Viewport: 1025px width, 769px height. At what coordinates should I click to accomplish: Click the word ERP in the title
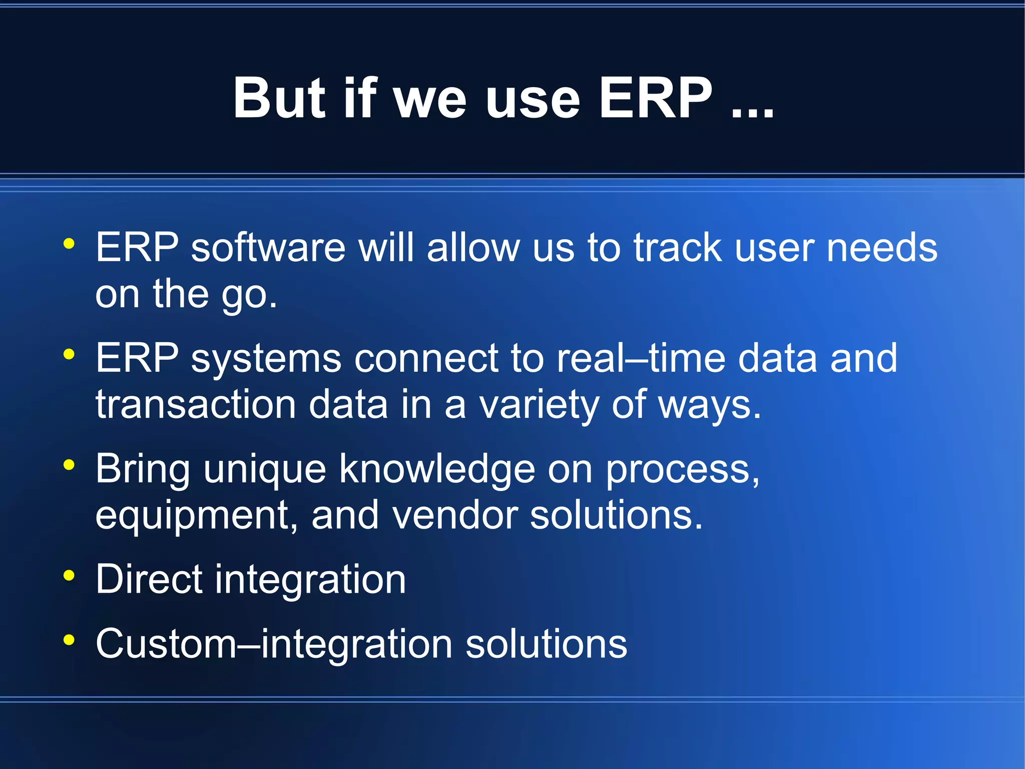coord(656,98)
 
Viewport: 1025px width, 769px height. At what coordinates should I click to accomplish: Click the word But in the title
coord(280,98)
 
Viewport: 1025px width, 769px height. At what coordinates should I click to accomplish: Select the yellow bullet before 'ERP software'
coord(69,244)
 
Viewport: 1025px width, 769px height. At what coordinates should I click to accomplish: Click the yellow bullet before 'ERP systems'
coord(69,355)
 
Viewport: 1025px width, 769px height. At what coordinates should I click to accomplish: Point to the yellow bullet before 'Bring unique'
coord(69,465)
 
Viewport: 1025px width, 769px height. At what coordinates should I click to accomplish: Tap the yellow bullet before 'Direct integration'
coord(69,576)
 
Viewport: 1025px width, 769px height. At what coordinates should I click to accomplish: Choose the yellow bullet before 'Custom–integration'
coord(69,640)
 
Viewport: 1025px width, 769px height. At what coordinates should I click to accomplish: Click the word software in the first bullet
coord(268,247)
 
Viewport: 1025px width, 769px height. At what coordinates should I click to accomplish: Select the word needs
coord(882,247)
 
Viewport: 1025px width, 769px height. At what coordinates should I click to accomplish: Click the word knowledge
coord(437,470)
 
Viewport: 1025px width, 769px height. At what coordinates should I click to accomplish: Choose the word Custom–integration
coord(274,644)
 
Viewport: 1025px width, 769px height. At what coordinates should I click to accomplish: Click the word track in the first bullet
coord(678,247)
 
